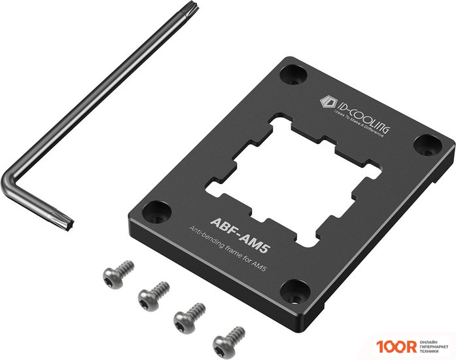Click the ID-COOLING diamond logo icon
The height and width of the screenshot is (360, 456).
point(326,102)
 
